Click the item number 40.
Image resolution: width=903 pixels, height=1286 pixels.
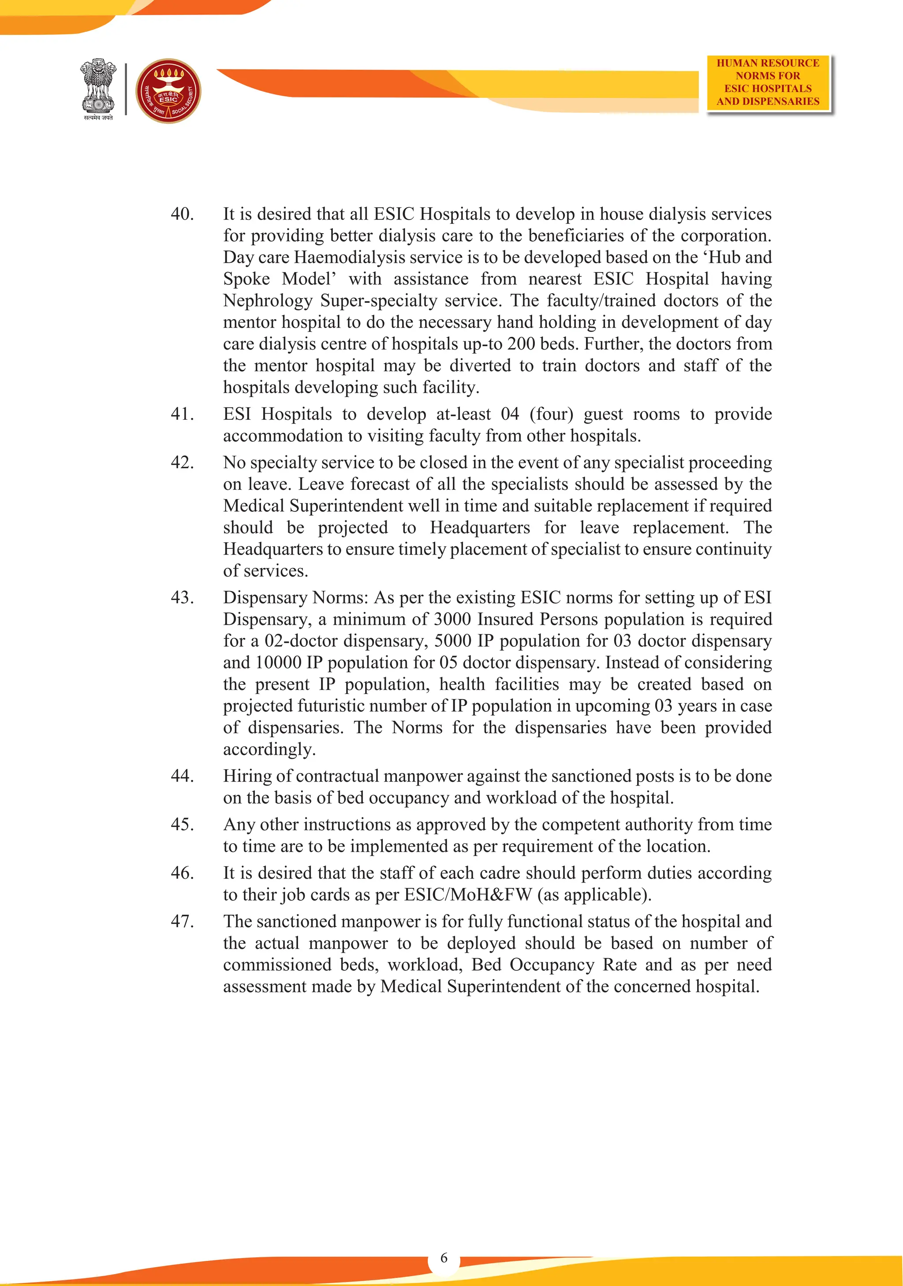point(182,214)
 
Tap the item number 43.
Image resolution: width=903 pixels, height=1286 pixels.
point(182,598)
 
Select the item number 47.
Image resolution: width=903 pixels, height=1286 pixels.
point(182,921)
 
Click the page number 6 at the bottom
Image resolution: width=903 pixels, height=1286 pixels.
point(444,1257)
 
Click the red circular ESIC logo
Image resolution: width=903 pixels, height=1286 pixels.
point(168,91)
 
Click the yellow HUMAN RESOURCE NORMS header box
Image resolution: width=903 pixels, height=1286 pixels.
point(768,82)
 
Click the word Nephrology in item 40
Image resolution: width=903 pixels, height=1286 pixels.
point(268,301)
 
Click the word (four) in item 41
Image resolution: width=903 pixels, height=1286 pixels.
point(551,414)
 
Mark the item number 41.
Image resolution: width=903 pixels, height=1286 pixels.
point(182,414)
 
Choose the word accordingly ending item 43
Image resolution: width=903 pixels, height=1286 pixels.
point(269,749)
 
